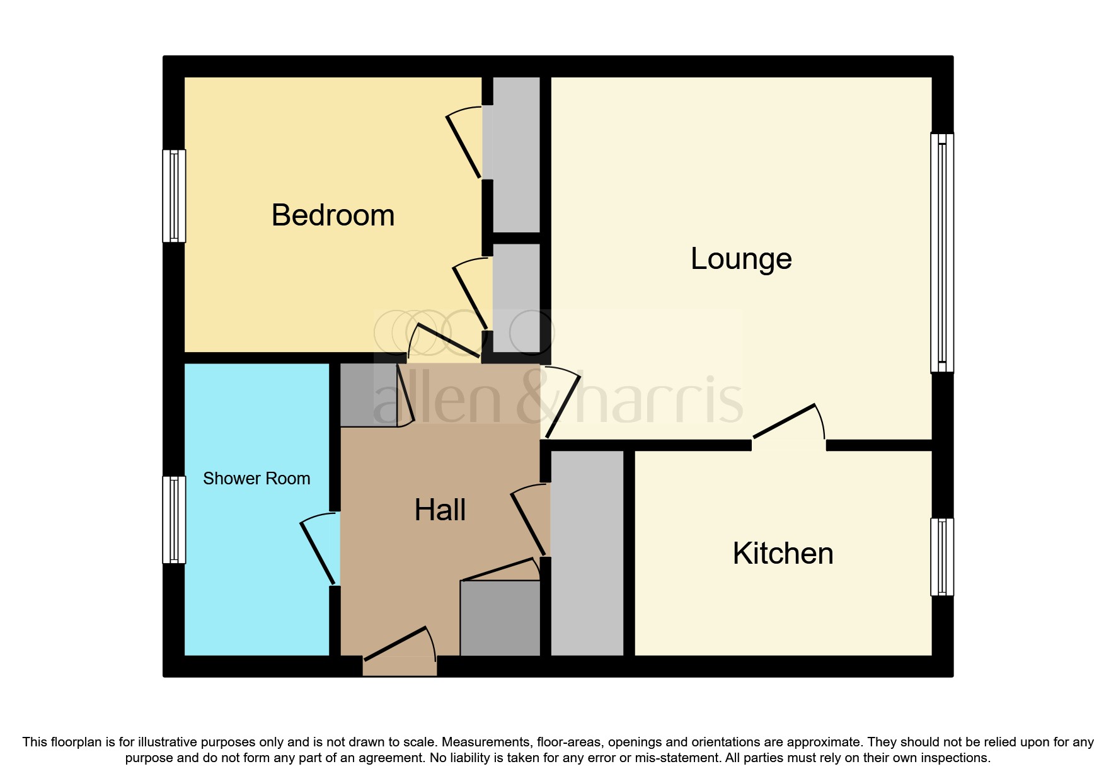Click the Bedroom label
coord(333,215)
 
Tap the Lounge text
coord(741,259)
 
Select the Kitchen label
coord(783,554)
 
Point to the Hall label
coord(440,510)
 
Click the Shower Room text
coord(256,479)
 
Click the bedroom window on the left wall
coord(174,196)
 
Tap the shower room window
coord(174,520)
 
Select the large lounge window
coord(942,253)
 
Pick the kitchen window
coord(942,557)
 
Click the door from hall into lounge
coord(562,404)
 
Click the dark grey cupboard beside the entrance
coord(500,618)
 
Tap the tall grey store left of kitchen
coord(587,553)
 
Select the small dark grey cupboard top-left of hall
coord(368,395)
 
